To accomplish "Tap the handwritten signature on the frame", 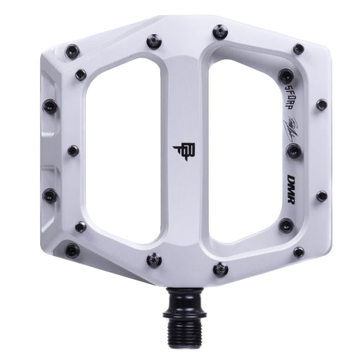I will click(x=292, y=130).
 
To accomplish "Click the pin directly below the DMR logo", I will click(x=285, y=226).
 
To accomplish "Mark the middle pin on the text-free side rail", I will click(x=73, y=150).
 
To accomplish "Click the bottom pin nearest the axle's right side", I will click(x=220, y=269).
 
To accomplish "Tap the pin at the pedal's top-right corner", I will click(x=298, y=49).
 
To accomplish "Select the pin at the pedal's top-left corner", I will click(x=72, y=50).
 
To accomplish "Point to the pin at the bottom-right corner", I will click(x=298, y=252).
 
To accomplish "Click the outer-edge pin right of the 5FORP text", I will click(x=321, y=105).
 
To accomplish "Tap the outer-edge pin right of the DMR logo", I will click(x=321, y=195).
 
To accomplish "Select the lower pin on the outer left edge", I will click(x=50, y=195).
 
